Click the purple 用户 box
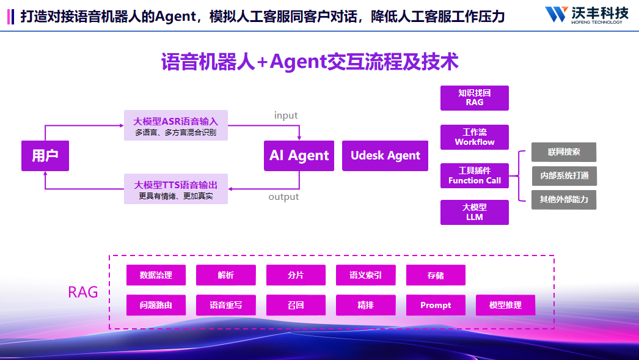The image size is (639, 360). (x=45, y=156)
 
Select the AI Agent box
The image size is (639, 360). (x=299, y=156)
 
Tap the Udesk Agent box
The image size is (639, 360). (x=385, y=156)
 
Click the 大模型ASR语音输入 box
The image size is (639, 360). (x=176, y=125)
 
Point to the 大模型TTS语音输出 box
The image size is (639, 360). (x=176, y=189)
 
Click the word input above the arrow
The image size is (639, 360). (x=286, y=116)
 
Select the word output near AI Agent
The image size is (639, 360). (x=283, y=197)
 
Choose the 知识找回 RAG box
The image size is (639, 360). (x=475, y=98)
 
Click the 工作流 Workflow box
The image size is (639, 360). (x=475, y=137)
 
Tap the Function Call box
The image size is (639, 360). (x=475, y=175)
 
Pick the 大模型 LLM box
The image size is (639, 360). (x=475, y=212)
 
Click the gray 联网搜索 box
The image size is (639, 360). (x=564, y=152)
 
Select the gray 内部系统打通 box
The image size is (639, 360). (x=564, y=176)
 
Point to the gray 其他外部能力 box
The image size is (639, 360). (x=564, y=199)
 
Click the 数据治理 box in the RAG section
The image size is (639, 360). (x=156, y=275)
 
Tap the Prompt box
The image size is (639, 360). (x=436, y=305)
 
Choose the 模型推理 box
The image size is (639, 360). (x=505, y=305)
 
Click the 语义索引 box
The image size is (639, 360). (x=365, y=275)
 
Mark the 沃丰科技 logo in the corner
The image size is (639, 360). (x=586, y=15)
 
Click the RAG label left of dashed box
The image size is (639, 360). (x=83, y=292)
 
